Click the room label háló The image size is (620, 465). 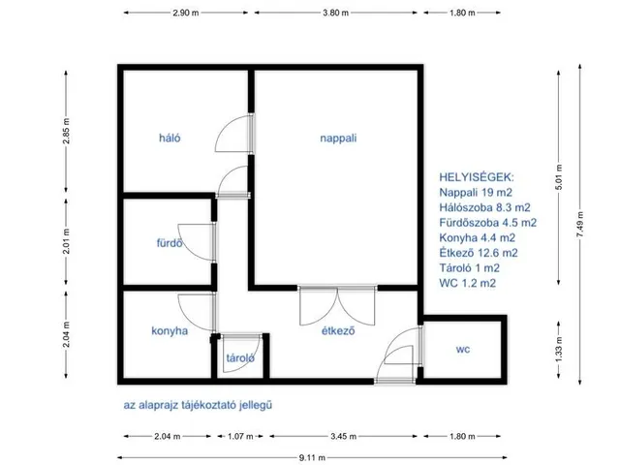pyautogui.click(x=170, y=138)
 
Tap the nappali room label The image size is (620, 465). pyautogui.click(x=338, y=139)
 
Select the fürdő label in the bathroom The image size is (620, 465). pyautogui.click(x=170, y=243)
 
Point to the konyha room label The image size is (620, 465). pyautogui.click(x=170, y=331)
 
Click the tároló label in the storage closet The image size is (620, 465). pyautogui.click(x=240, y=358)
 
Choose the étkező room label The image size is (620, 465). pyautogui.click(x=338, y=330)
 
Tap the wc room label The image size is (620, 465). pyautogui.click(x=463, y=349)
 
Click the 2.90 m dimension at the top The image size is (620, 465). pyautogui.click(x=185, y=13)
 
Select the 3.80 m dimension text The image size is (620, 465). pyautogui.click(x=336, y=13)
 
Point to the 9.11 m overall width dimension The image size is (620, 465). pyautogui.click(x=312, y=458)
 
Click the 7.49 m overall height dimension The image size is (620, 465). pyautogui.click(x=579, y=225)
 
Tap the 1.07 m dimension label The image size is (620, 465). pyautogui.click(x=240, y=437)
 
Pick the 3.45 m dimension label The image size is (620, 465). pyautogui.click(x=343, y=437)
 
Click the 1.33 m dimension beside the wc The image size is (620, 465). pyautogui.click(x=559, y=350)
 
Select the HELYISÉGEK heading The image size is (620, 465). pyautogui.click(x=477, y=177)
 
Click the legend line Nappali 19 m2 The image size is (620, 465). pyautogui.click(x=476, y=193)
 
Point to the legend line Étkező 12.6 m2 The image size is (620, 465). pyautogui.click(x=479, y=253)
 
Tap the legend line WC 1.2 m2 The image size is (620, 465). pyautogui.click(x=467, y=283)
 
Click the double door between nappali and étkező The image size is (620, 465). pyautogui.click(x=337, y=305)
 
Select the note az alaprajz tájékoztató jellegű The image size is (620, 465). pyautogui.click(x=198, y=405)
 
